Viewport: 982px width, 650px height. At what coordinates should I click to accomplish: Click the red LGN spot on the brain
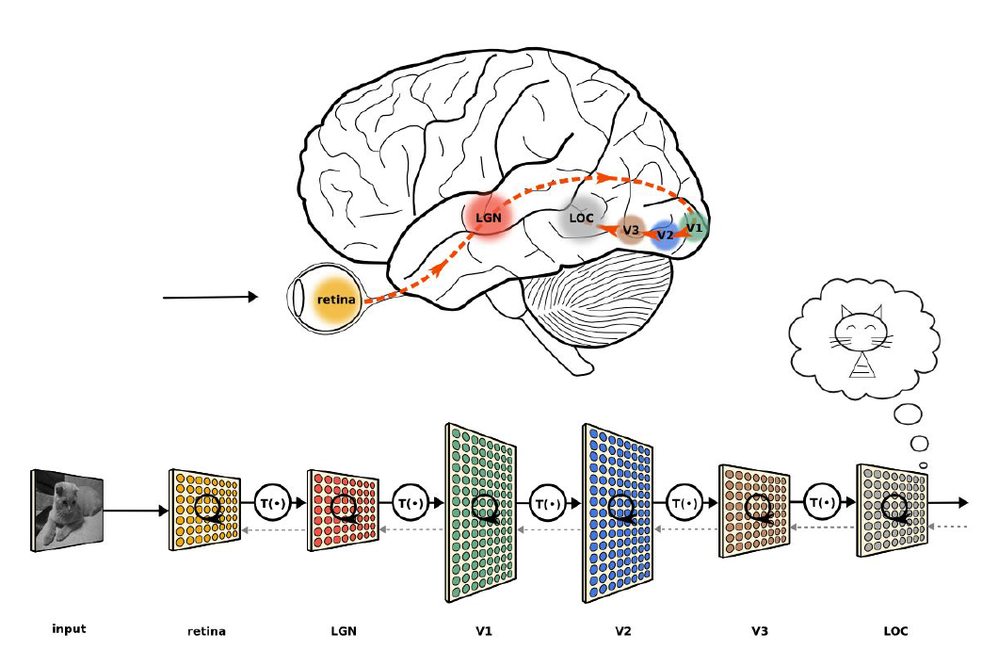coord(487,216)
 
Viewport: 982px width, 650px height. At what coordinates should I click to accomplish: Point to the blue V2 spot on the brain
coord(666,234)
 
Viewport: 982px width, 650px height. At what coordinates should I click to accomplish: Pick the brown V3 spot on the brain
coord(631,229)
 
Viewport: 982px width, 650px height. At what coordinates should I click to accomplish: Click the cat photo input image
coord(68,511)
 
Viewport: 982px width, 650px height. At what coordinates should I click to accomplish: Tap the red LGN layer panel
coord(343,510)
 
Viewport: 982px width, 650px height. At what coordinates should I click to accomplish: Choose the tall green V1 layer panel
coord(481,512)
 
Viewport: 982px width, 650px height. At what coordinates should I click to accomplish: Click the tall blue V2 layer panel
coord(619,512)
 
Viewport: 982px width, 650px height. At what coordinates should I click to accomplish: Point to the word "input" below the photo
coord(69,629)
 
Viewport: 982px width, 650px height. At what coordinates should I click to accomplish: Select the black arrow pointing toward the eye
coord(210,298)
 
